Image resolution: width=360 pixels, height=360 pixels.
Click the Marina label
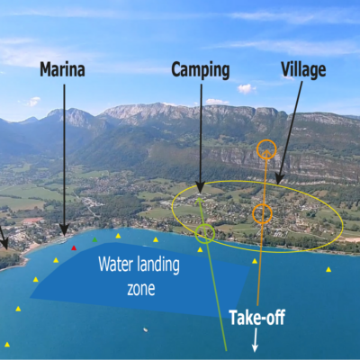click(x=62, y=69)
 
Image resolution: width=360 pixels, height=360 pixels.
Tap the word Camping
click(x=201, y=71)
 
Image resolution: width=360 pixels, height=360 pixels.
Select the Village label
click(x=303, y=70)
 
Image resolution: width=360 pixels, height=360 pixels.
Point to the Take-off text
click(x=257, y=318)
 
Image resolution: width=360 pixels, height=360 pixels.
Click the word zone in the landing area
click(x=141, y=289)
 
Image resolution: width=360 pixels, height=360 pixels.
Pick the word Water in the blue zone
click(x=116, y=265)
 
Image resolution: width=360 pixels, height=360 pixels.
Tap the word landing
click(x=158, y=265)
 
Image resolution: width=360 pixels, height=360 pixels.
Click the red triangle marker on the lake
click(x=74, y=247)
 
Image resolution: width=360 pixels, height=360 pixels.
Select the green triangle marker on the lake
click(x=94, y=239)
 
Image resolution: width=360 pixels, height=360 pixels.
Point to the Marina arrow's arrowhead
click(x=64, y=230)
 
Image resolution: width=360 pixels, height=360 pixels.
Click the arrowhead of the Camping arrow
click(x=201, y=186)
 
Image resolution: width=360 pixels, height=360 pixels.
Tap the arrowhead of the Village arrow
click(x=280, y=178)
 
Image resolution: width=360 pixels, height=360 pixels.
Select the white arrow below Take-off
click(x=255, y=340)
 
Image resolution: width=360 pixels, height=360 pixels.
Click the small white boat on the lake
click(x=146, y=329)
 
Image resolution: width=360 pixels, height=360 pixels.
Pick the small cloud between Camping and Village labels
click(x=247, y=89)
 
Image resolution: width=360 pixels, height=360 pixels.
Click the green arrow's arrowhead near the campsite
click(x=197, y=201)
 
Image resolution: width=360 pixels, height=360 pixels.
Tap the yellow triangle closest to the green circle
click(x=200, y=249)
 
